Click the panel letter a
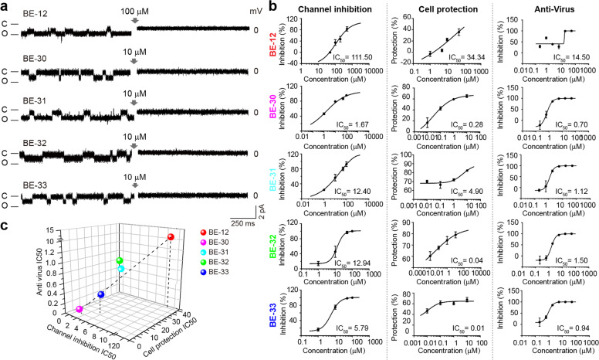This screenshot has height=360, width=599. pyautogui.click(x=5, y=7)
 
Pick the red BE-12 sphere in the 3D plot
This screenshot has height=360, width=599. pyautogui.click(x=171, y=237)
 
